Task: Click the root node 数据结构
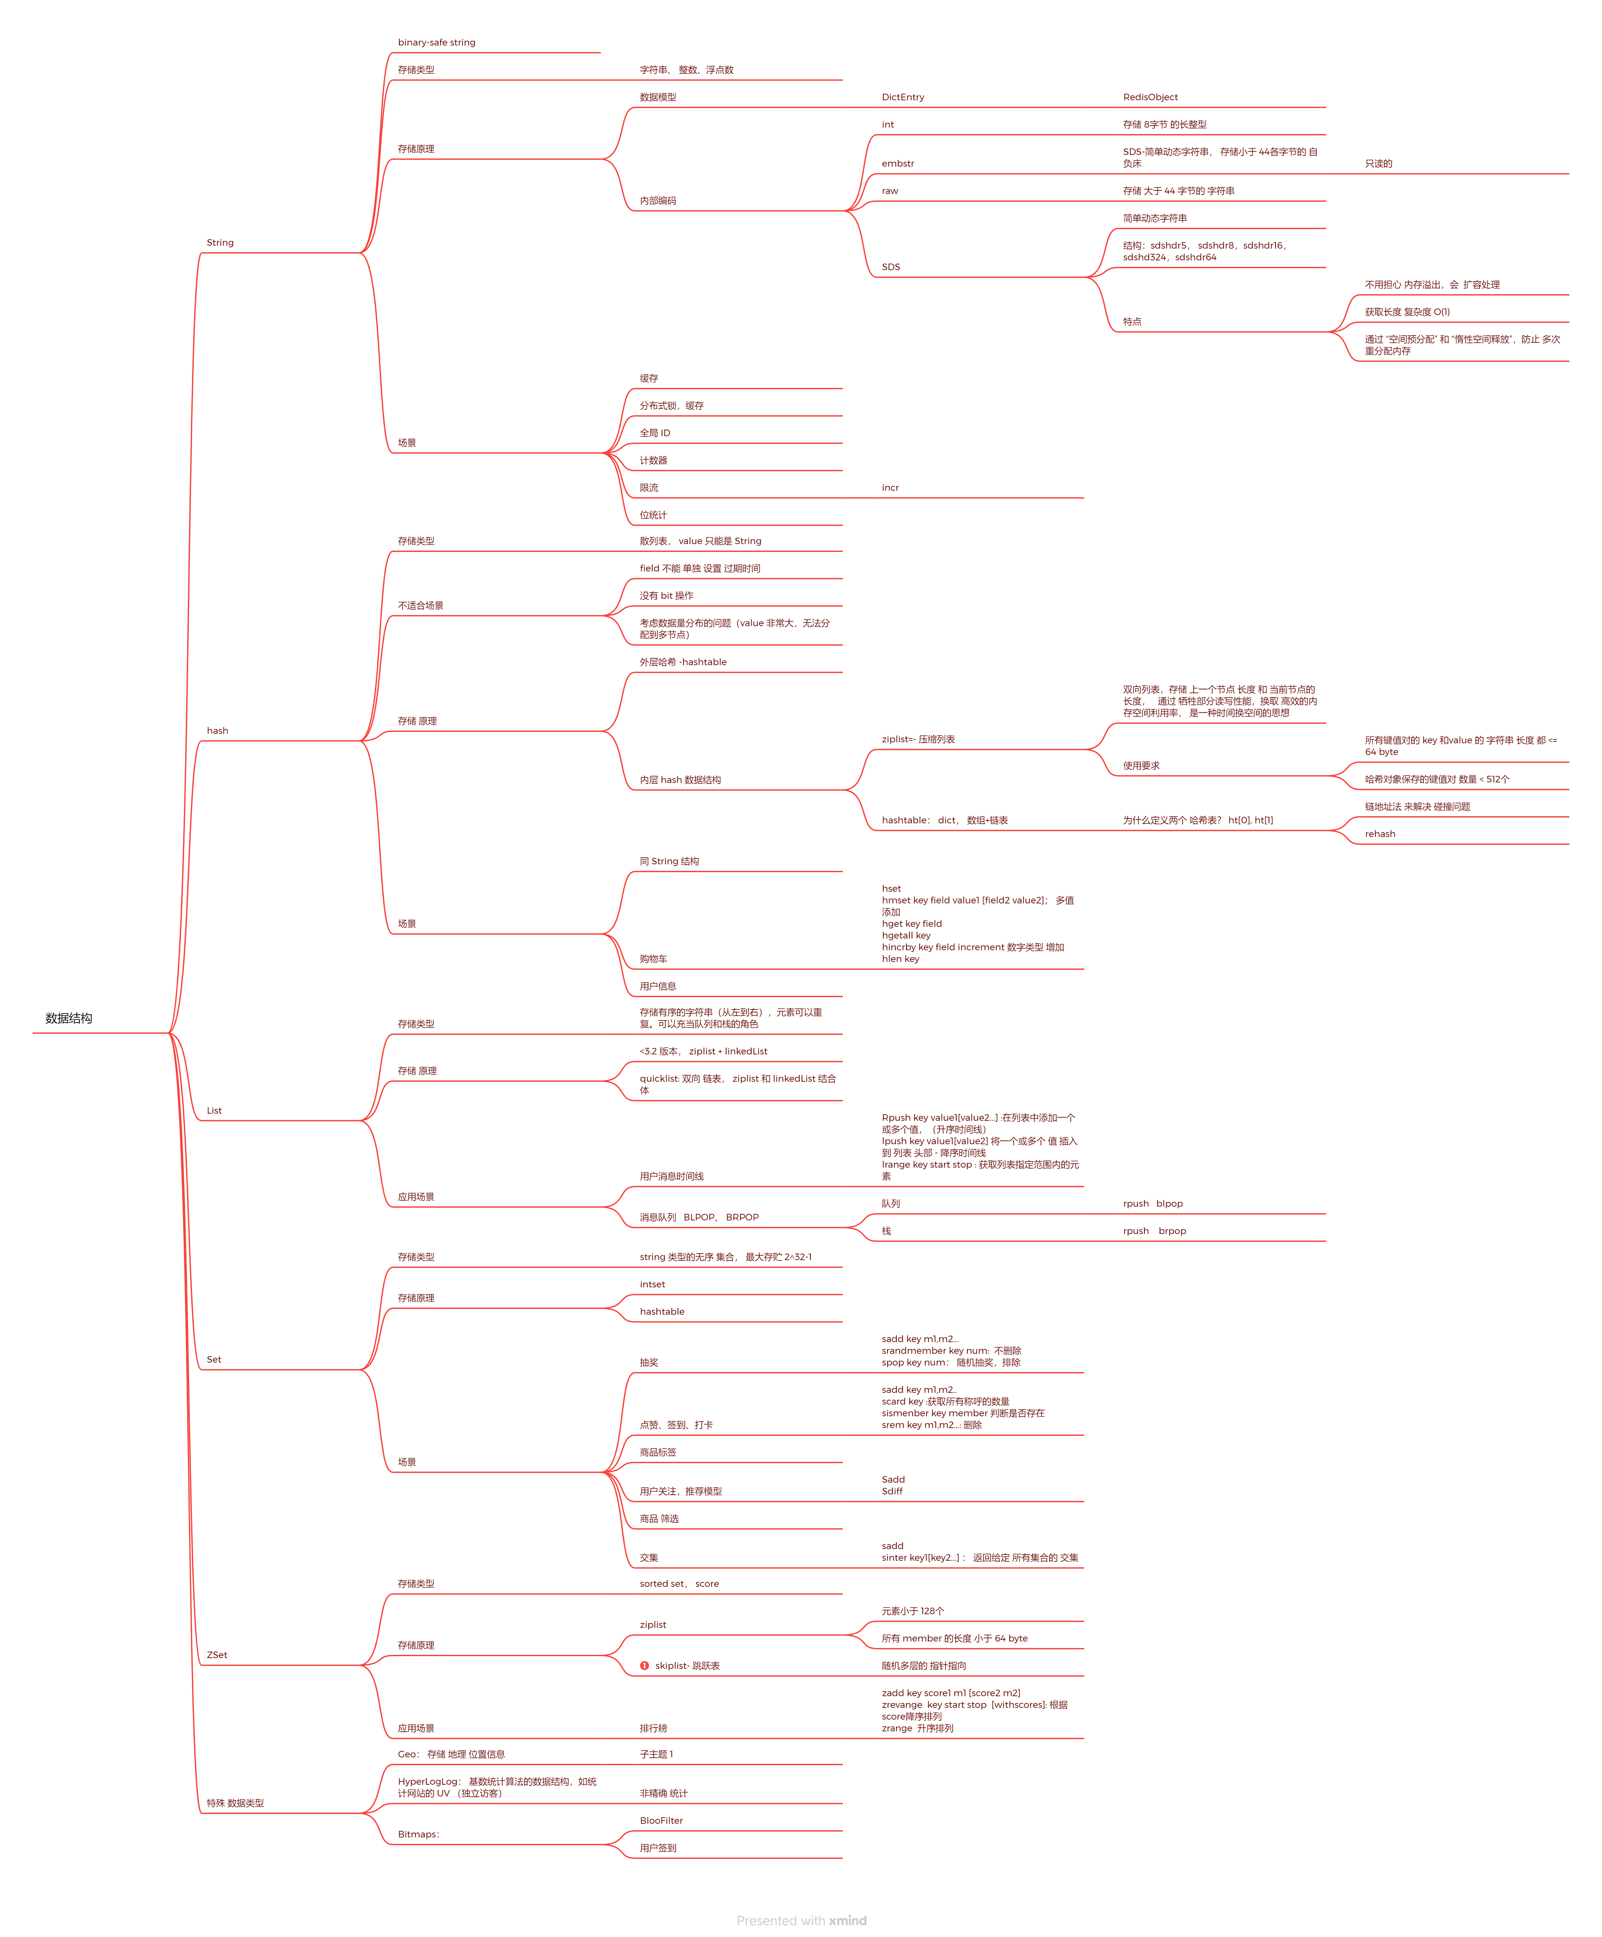(x=69, y=1018)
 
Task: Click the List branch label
(x=214, y=1110)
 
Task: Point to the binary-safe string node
(x=436, y=42)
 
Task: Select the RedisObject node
(x=1150, y=97)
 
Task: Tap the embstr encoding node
(x=897, y=163)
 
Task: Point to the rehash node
(x=1380, y=834)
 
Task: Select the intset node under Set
(x=652, y=1284)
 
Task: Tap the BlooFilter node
(x=661, y=1821)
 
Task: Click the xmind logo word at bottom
(x=848, y=1920)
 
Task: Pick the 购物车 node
(x=653, y=959)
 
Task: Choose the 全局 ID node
(x=655, y=433)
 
